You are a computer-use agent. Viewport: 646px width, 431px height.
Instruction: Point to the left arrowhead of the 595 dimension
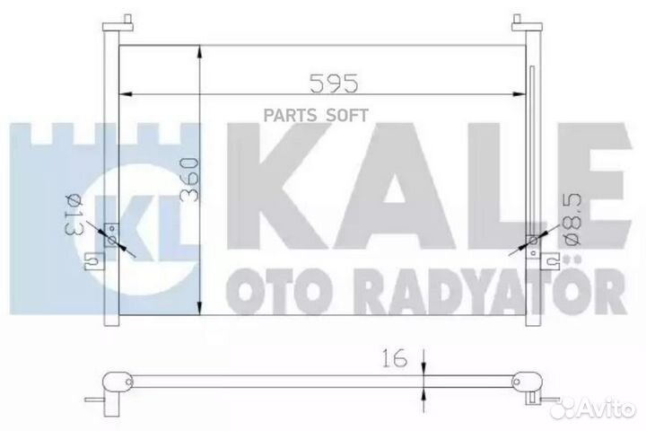pyautogui.click(x=127, y=93)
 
